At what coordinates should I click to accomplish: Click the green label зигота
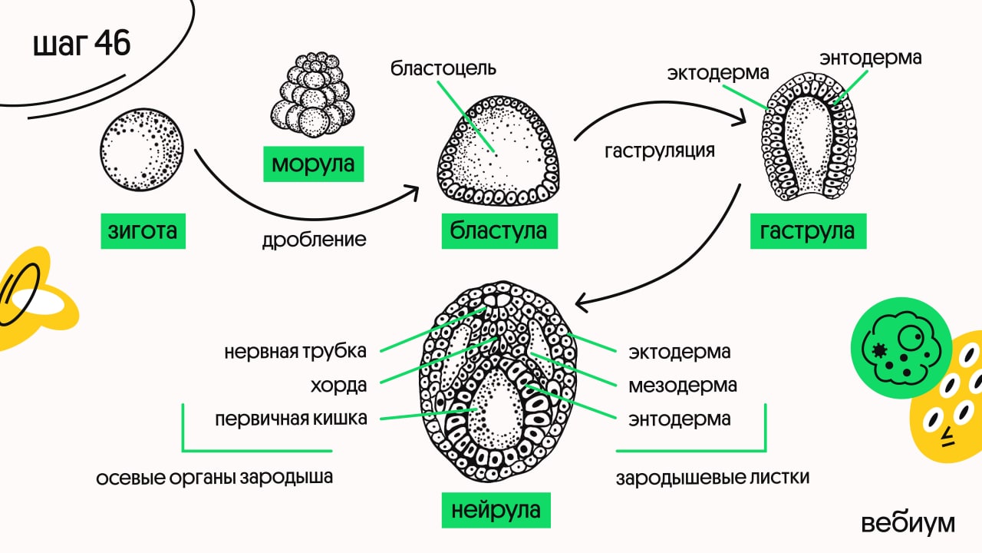[x=143, y=230]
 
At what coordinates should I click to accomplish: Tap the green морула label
[x=313, y=164]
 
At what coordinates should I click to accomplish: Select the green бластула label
[x=499, y=230]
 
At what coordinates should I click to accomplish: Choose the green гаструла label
[x=808, y=230]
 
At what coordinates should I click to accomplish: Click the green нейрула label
[x=496, y=509]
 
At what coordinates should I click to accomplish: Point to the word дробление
[x=315, y=240]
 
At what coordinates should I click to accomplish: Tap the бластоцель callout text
[x=443, y=68]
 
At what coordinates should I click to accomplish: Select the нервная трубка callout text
[x=295, y=352]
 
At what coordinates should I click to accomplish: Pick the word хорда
[x=338, y=386]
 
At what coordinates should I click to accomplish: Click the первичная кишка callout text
[x=291, y=419]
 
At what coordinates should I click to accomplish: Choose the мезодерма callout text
[x=683, y=385]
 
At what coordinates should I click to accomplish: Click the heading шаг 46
[x=82, y=45]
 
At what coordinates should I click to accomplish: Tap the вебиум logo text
[x=908, y=523]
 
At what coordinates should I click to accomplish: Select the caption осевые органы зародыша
[x=215, y=478]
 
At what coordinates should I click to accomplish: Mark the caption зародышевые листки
[x=713, y=478]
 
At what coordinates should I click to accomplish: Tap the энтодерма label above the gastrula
[x=870, y=58]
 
